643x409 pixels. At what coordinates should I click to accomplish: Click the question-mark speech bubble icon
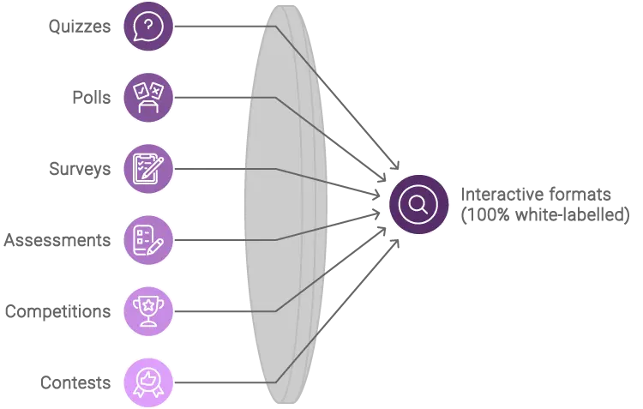point(148,27)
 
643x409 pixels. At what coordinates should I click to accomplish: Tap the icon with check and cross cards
point(148,98)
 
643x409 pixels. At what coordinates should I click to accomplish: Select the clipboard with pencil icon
point(148,168)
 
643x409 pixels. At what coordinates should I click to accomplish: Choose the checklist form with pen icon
point(148,239)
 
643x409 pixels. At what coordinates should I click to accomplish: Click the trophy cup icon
point(148,310)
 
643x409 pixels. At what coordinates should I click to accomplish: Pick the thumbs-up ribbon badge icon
point(148,382)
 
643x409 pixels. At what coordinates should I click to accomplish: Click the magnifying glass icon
point(418,204)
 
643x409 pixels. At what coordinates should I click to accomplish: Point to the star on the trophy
point(148,304)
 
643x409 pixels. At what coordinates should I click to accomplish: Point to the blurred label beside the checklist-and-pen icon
point(58,239)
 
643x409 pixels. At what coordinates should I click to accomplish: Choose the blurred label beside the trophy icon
point(58,310)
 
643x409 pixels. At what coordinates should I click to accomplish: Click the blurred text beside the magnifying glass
point(544,205)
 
